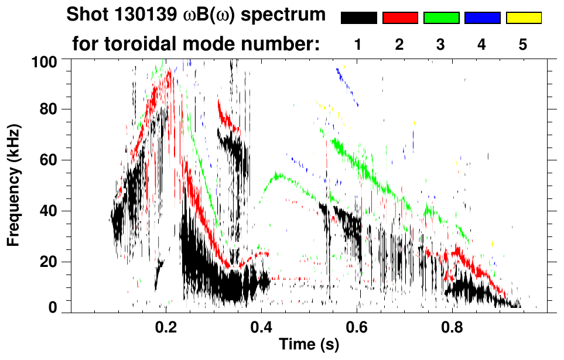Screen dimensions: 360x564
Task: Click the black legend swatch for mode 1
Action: pyautogui.click(x=358, y=18)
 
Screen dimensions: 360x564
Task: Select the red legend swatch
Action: pyautogui.click(x=400, y=18)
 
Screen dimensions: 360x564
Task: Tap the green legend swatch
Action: pyautogui.click(x=441, y=18)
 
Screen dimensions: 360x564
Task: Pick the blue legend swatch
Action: pyautogui.click(x=482, y=18)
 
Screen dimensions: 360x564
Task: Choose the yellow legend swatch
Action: pyautogui.click(x=524, y=18)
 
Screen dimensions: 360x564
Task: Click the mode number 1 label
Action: pyautogui.click(x=358, y=45)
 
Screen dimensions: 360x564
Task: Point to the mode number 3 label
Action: pyautogui.click(x=441, y=45)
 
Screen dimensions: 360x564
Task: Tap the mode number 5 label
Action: pyautogui.click(x=523, y=45)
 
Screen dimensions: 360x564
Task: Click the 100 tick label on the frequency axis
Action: pyautogui.click(x=44, y=60)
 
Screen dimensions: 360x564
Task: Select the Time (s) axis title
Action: pyautogui.click(x=309, y=345)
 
